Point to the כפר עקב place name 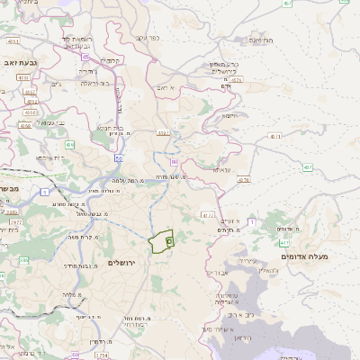[x=147, y=38]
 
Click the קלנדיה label [x=112, y=61]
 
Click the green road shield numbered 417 [x=284, y=243]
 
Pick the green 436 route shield [x=69, y=144]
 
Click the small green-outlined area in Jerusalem [x=162, y=241]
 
